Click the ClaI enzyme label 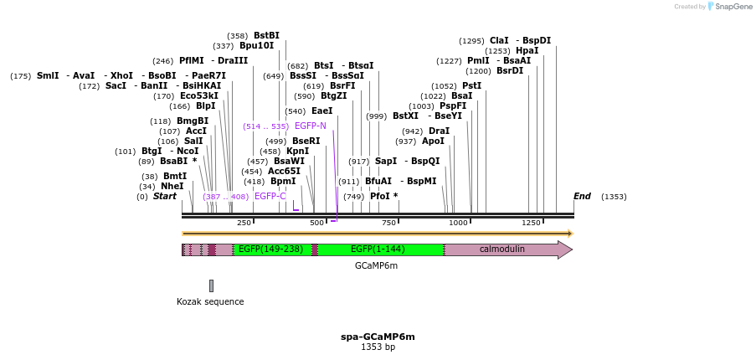pyautogui.click(x=499, y=40)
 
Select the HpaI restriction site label pyautogui.click(x=527, y=50)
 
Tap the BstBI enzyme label pyautogui.click(x=266, y=35)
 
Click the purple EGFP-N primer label pyautogui.click(x=311, y=126)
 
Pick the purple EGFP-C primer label pyautogui.click(x=270, y=196)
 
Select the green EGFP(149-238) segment pyautogui.click(x=270, y=249)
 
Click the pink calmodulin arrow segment pyautogui.click(x=502, y=249)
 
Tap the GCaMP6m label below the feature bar pyautogui.click(x=376, y=265)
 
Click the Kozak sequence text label pyautogui.click(x=210, y=301)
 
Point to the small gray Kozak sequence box pyautogui.click(x=211, y=285)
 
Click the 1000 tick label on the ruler pyautogui.click(x=458, y=223)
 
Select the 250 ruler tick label pyautogui.click(x=244, y=223)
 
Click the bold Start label pyautogui.click(x=165, y=196)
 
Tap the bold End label pyautogui.click(x=582, y=196)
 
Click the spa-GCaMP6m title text pyautogui.click(x=378, y=337)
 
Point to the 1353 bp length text pyautogui.click(x=378, y=347)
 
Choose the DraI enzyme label pyautogui.click(x=439, y=131)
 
